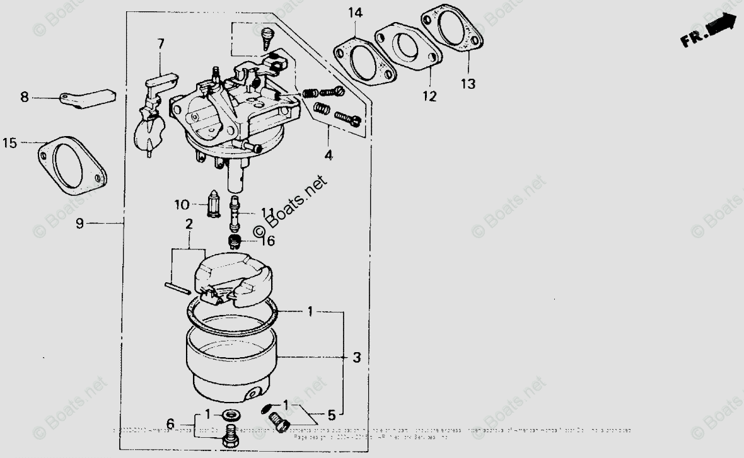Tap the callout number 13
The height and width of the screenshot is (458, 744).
[468, 83]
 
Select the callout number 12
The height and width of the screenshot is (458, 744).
[429, 96]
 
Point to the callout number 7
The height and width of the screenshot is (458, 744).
[161, 43]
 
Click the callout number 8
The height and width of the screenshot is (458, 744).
[25, 97]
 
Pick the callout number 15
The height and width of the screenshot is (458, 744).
[9, 143]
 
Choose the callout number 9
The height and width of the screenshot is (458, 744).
[79, 223]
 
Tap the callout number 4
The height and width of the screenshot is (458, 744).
[329, 154]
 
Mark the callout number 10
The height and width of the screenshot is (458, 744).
[182, 204]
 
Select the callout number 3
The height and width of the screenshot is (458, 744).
[357, 358]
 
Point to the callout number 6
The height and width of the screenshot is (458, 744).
[170, 423]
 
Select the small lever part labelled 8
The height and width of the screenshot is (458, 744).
[89, 98]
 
